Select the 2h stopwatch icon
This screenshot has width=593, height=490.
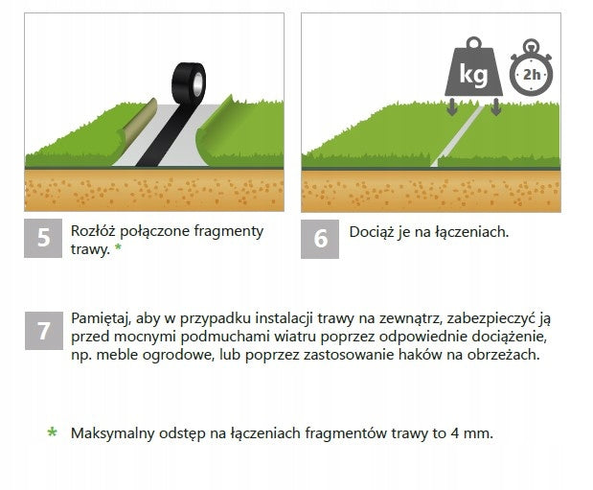(x=531, y=68)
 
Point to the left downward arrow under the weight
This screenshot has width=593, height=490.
(x=451, y=106)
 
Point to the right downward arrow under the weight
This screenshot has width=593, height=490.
(x=496, y=106)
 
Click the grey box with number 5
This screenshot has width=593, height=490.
(x=43, y=238)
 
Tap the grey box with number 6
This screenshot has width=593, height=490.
(x=320, y=240)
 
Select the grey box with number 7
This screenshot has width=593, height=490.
(x=44, y=331)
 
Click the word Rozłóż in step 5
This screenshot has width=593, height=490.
(x=93, y=231)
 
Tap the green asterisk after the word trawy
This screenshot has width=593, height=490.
(x=119, y=247)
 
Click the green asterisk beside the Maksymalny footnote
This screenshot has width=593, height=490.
(x=52, y=432)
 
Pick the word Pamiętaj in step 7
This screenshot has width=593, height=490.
(x=101, y=319)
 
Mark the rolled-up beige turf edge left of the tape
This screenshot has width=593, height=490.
(x=138, y=120)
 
